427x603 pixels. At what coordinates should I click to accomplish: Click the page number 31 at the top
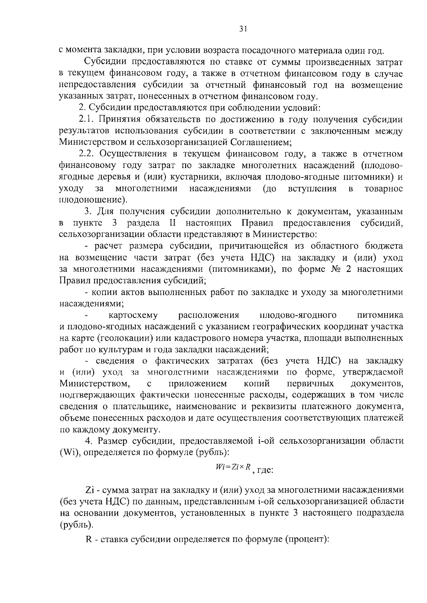pyautogui.click(x=243, y=30)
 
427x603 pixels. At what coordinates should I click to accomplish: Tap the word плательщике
pyautogui.click(x=134, y=407)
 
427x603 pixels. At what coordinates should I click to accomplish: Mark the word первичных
pyautogui.click(x=310, y=384)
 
